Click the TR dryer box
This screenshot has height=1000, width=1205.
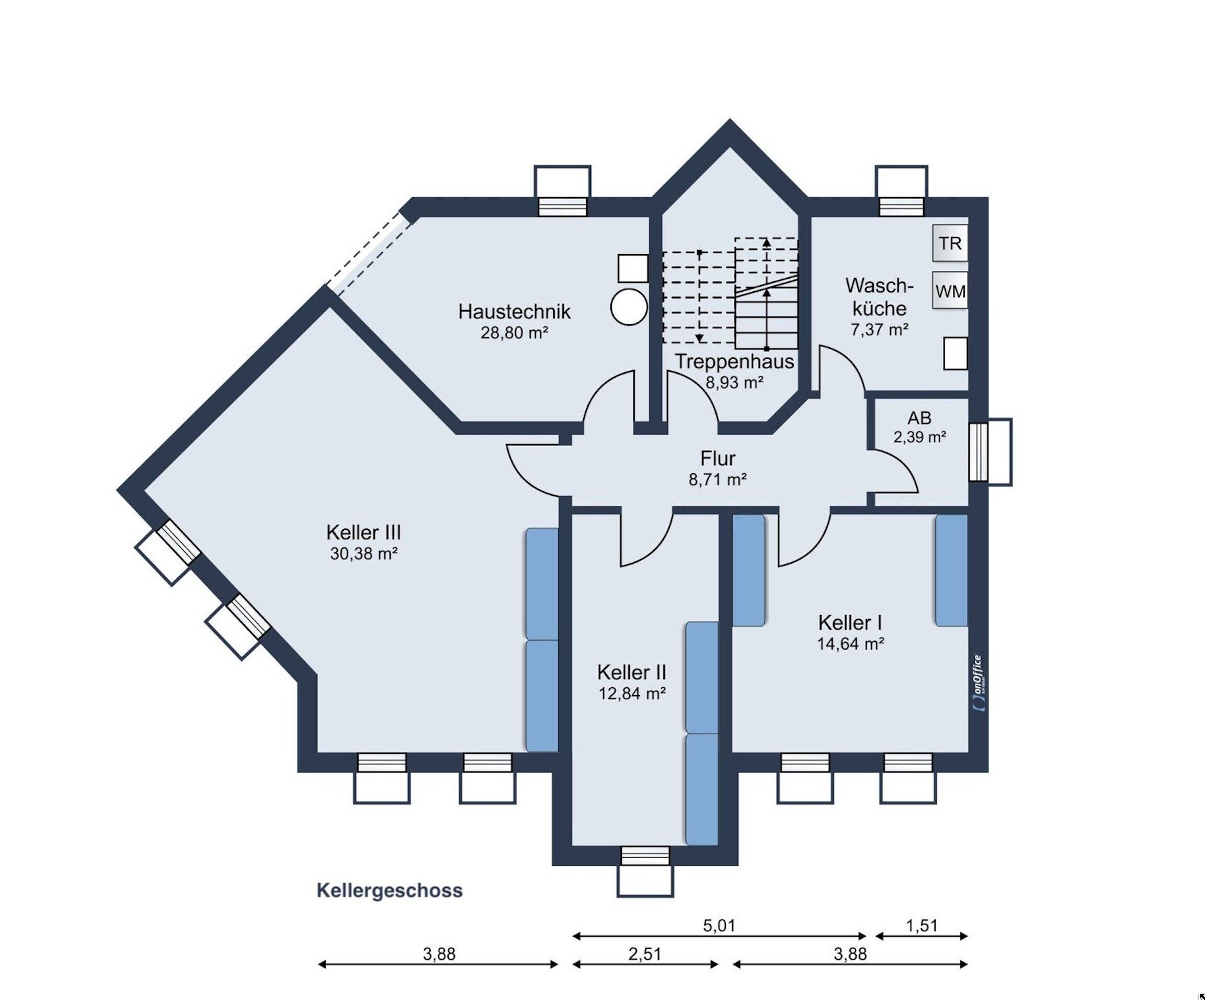click(x=950, y=243)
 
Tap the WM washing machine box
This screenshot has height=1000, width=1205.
click(x=950, y=291)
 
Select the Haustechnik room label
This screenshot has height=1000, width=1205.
click(x=514, y=312)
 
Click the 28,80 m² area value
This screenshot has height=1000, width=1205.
click(x=514, y=333)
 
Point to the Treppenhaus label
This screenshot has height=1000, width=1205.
click(x=734, y=361)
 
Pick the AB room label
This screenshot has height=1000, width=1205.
click(x=919, y=418)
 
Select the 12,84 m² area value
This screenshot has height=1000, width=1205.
click(x=632, y=694)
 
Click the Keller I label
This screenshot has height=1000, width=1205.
click(x=850, y=622)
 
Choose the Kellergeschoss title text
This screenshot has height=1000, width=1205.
click(x=390, y=890)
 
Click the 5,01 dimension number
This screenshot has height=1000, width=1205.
click(x=719, y=925)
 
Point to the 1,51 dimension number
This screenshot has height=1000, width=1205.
click(x=922, y=925)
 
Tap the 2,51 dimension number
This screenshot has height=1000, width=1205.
click(x=645, y=954)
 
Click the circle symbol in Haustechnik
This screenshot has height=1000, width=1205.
click(x=629, y=308)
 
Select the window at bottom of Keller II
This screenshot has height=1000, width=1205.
click(x=645, y=871)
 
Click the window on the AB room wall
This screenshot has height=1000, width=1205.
click(x=991, y=451)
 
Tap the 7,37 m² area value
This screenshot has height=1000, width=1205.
click(x=879, y=330)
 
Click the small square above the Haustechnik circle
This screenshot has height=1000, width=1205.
click(x=633, y=268)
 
